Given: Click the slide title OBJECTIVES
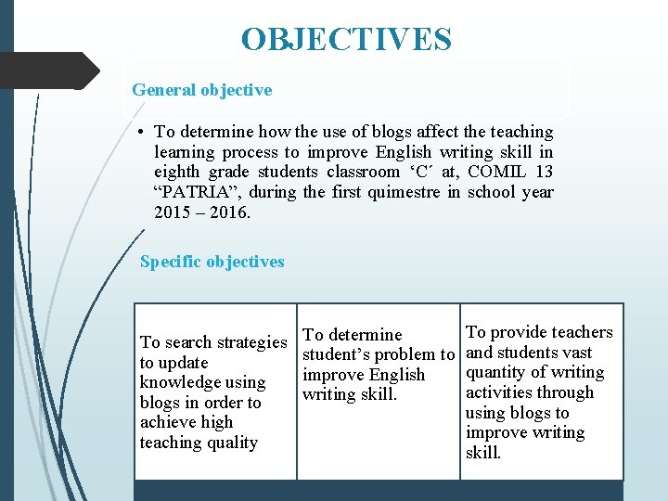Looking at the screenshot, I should click(346, 40).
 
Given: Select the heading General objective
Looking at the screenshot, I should click(202, 90).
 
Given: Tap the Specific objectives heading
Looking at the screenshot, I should click(212, 262).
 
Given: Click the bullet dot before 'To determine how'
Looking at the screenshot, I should click(137, 133).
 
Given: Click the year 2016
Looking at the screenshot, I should click(231, 213).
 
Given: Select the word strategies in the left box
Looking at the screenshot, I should click(250, 342).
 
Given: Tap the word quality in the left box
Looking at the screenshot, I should click(234, 443).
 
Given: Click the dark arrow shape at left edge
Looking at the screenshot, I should click(50, 71).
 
